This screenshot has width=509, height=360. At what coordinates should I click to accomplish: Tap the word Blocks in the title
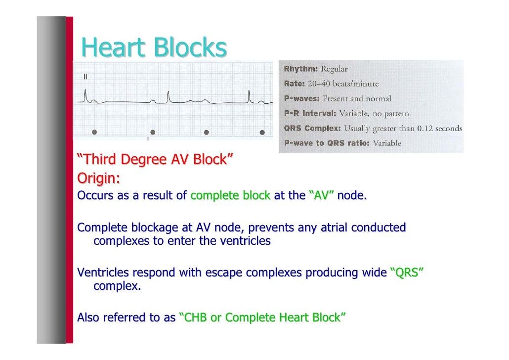tap(190, 48)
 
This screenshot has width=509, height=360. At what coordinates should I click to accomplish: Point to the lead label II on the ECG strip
tap(85, 77)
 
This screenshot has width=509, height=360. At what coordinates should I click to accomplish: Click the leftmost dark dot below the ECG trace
tap(94, 133)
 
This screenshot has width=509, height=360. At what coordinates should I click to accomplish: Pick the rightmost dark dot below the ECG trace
tap(263, 133)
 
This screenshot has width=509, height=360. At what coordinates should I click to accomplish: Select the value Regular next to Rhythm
tap(335, 69)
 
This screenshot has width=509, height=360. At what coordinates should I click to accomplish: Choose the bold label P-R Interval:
tap(310, 114)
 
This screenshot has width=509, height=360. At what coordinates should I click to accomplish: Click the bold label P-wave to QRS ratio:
tap(327, 143)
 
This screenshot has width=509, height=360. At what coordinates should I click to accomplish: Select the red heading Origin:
tap(99, 177)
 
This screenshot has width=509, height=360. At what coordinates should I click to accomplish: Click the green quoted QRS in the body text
tap(407, 273)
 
